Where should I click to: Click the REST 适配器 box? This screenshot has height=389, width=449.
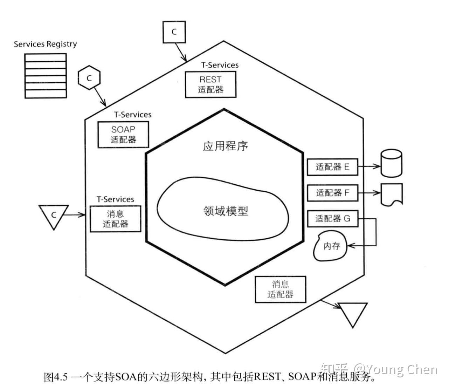tap(210, 84)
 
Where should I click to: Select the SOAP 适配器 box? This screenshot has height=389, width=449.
tap(123, 135)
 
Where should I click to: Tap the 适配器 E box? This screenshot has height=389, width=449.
tap(332, 167)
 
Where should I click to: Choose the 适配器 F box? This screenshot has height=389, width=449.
tap(332, 193)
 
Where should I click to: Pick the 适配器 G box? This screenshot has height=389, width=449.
tap(332, 219)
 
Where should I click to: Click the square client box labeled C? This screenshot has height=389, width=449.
tap(174, 32)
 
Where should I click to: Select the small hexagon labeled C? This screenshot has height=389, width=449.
tap(89, 78)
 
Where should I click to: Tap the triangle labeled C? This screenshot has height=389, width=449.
tap(54, 214)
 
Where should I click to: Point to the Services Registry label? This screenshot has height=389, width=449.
tap(45, 44)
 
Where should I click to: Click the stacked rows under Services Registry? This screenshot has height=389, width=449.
tap(46, 76)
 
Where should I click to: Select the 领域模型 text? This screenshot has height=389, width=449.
tap(226, 211)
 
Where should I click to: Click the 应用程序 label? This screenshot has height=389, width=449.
tap(225, 146)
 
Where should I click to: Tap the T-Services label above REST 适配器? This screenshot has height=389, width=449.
tap(220, 65)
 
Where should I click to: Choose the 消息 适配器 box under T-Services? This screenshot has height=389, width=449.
tap(115, 219)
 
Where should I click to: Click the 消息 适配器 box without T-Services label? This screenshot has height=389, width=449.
tap(280, 289)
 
